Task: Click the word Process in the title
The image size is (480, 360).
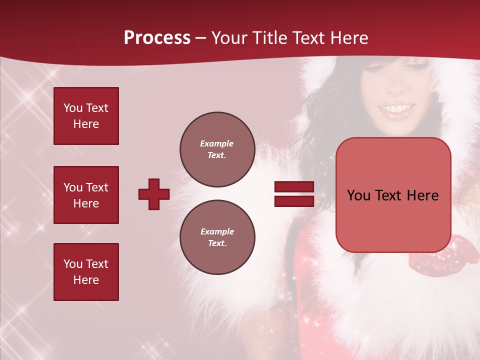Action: click(157, 37)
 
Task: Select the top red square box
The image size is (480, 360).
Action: click(86, 116)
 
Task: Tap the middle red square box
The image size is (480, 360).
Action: click(86, 195)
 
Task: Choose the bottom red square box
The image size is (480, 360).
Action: click(86, 272)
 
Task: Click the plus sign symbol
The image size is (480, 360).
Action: click(154, 194)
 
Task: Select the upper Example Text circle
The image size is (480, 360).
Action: click(217, 149)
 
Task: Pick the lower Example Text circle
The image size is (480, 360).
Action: click(217, 237)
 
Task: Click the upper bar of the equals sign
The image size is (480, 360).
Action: click(294, 187)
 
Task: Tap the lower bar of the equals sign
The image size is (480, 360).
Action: click(294, 201)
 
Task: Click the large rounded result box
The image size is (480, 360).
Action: click(393, 195)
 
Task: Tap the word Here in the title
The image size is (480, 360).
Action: click(349, 38)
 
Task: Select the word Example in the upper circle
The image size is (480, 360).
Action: click(217, 143)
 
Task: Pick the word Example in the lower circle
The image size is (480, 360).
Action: click(217, 231)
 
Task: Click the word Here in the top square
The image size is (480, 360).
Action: click(86, 124)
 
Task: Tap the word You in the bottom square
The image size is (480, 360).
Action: click(73, 264)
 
